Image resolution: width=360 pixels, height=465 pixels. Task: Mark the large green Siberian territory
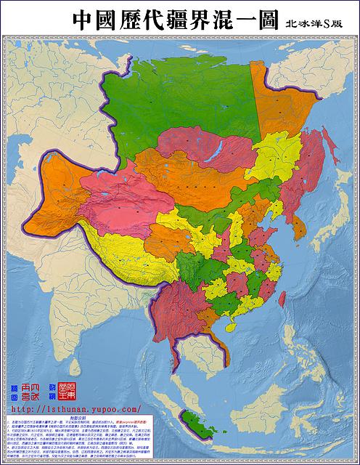[x=174, y=102]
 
